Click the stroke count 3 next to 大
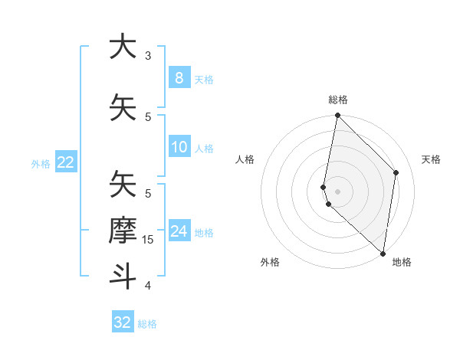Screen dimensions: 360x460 (x=148, y=55)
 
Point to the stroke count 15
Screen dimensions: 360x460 (x=149, y=239)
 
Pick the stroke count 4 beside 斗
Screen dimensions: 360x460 (x=148, y=286)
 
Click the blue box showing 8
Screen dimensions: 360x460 (x=179, y=77)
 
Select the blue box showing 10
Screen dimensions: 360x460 (x=179, y=147)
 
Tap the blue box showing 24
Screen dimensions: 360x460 (x=179, y=231)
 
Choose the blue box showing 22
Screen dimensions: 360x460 (x=65, y=162)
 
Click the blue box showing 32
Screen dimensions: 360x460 (x=122, y=322)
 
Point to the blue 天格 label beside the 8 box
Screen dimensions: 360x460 (x=204, y=79)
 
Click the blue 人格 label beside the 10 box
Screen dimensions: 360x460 (x=204, y=149)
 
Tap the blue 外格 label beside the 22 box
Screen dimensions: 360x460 (x=41, y=163)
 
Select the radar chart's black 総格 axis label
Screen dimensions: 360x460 (x=337, y=100)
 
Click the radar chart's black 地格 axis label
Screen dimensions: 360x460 (x=402, y=262)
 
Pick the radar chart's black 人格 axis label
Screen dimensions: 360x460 (x=245, y=159)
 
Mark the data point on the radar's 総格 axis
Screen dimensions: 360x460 (x=337, y=116)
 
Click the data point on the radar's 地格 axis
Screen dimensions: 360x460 (x=383, y=253)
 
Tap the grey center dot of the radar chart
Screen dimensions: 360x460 (x=337, y=191)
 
